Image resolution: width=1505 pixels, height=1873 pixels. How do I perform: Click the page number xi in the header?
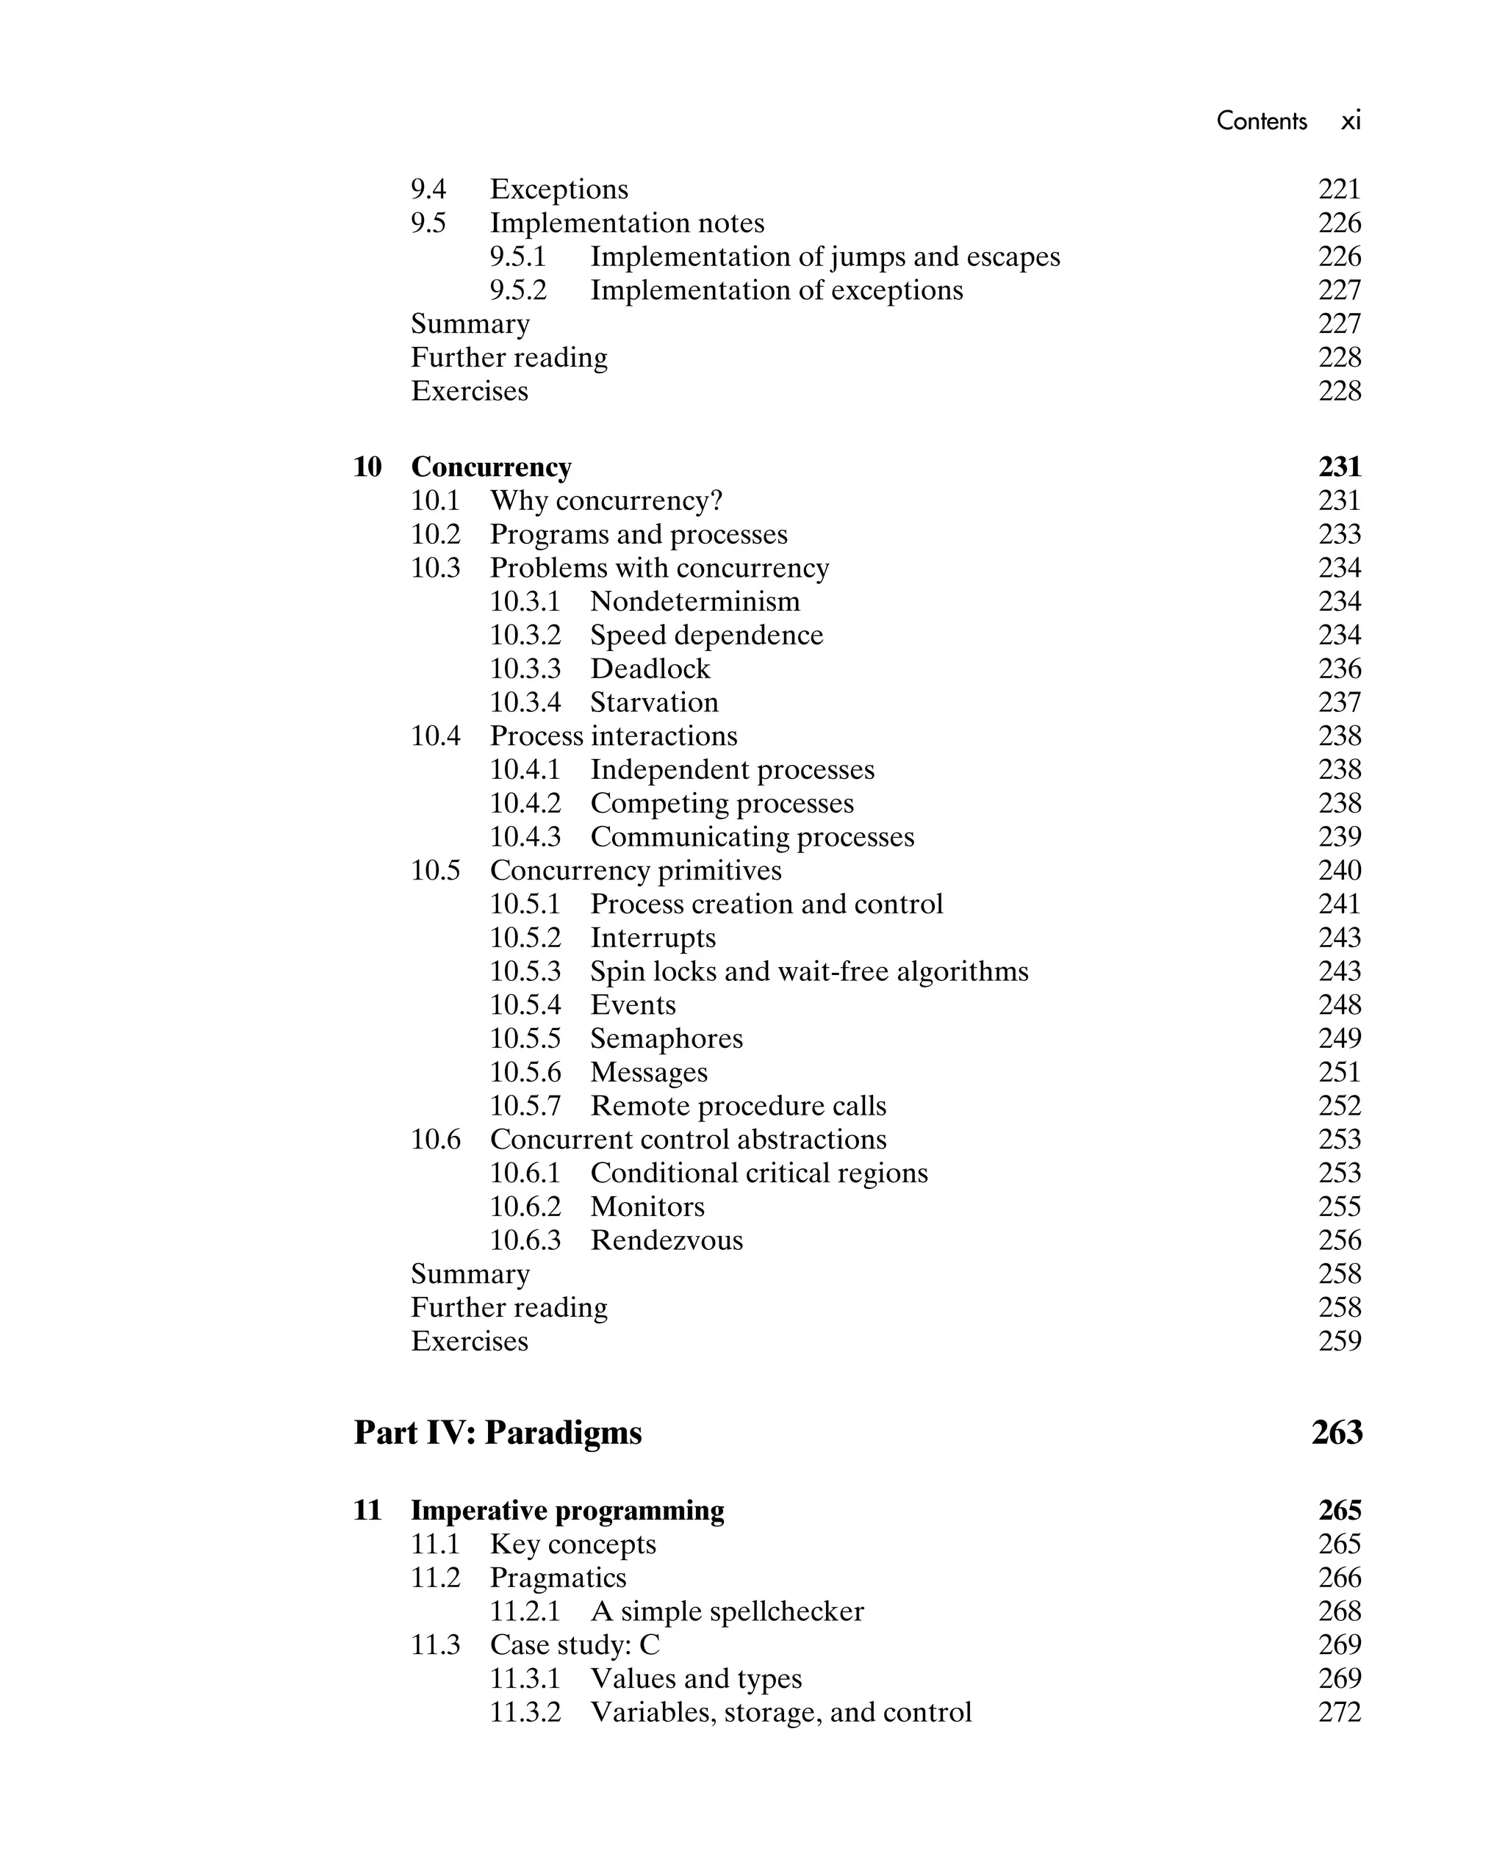[1351, 121]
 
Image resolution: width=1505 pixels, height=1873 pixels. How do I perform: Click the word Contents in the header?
[1261, 121]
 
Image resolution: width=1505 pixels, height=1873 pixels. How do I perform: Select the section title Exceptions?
[558, 190]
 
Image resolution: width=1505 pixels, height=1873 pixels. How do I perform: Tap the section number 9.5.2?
[518, 290]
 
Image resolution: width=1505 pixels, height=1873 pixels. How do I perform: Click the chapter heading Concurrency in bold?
[491, 467]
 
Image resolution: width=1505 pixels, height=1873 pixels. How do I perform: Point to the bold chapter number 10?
[367, 467]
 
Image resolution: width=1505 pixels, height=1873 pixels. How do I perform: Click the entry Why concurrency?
[606, 501]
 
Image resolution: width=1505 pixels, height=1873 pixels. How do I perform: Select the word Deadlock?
[650, 669]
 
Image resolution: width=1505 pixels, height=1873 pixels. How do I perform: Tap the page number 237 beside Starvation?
[1339, 702]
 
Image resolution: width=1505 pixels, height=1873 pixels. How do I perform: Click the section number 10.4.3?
[525, 838]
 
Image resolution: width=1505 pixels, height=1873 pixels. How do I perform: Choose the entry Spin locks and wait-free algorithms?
[809, 972]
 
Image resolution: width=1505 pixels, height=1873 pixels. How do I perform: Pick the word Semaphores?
[667, 1039]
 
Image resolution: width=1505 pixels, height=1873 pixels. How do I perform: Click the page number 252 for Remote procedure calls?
[1339, 1106]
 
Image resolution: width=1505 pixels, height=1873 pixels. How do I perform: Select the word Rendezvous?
[667, 1240]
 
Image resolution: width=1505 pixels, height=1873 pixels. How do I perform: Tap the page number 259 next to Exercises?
[1339, 1341]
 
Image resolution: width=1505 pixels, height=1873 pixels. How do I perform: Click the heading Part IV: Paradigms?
[498, 1433]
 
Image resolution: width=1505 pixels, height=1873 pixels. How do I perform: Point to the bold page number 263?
[1337, 1433]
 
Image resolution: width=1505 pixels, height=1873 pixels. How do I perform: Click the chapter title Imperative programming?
[567, 1511]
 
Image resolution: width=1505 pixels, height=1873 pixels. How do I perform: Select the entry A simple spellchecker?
[728, 1611]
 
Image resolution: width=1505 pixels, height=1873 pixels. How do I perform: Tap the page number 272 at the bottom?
[1339, 1712]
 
